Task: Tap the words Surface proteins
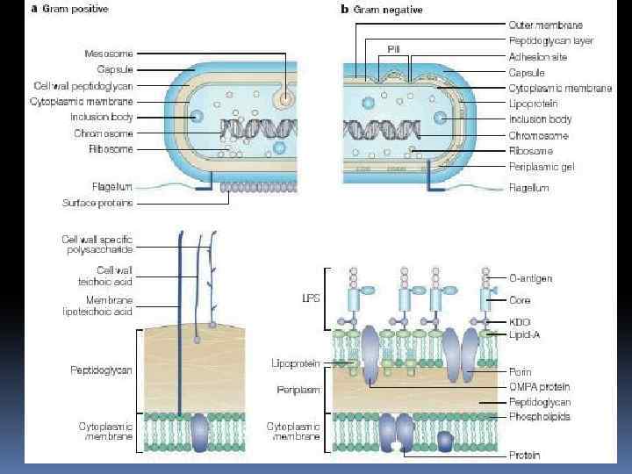tap(97, 203)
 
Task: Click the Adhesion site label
tap(536, 57)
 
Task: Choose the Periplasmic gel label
tap(542, 167)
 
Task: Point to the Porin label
tap(521, 372)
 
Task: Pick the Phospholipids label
tap(539, 417)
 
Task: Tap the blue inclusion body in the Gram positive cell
tap(197, 117)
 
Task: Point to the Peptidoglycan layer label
tap(550, 41)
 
